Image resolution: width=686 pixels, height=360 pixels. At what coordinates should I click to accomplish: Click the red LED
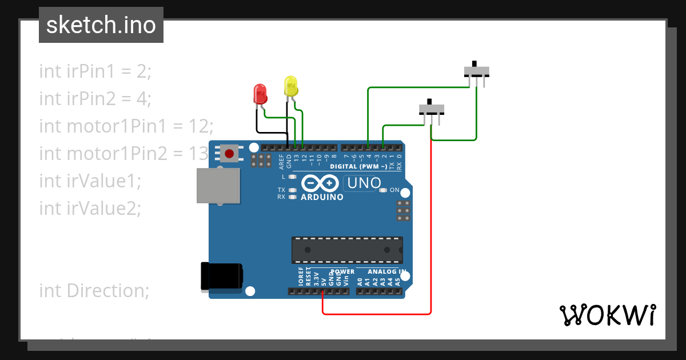pyautogui.click(x=260, y=94)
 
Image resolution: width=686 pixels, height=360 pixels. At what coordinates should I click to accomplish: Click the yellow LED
pyautogui.click(x=291, y=86)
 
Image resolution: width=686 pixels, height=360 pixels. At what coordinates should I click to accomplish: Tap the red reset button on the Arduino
pyautogui.click(x=230, y=154)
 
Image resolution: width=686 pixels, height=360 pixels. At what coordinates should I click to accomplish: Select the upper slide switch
pyautogui.click(x=476, y=71)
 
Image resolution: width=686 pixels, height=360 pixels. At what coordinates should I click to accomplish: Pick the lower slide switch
pyautogui.click(x=432, y=109)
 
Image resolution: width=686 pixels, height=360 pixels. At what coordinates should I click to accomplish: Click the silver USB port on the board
pyautogui.click(x=218, y=185)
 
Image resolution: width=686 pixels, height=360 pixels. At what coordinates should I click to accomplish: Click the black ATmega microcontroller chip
pyautogui.click(x=347, y=250)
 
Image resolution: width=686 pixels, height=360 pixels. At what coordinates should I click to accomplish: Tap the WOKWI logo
pyautogui.click(x=607, y=315)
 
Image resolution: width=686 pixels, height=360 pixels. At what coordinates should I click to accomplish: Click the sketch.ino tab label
pyautogui.click(x=101, y=25)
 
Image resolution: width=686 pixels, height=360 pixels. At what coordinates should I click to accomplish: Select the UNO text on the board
pyautogui.click(x=364, y=183)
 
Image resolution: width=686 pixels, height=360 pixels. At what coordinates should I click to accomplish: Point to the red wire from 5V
pyautogui.click(x=377, y=314)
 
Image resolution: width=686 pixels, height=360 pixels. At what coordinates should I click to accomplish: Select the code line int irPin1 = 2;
pyautogui.click(x=95, y=71)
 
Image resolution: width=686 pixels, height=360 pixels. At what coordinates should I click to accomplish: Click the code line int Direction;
pyautogui.click(x=94, y=291)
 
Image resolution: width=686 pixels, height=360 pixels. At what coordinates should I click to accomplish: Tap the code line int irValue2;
pyautogui.click(x=90, y=209)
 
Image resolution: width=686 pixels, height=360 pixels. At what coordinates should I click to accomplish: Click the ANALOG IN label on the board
pyautogui.click(x=387, y=271)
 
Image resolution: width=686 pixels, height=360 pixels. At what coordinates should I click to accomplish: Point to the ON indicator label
pyautogui.click(x=394, y=190)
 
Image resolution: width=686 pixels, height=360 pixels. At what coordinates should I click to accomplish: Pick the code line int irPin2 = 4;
pyautogui.click(x=95, y=99)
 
